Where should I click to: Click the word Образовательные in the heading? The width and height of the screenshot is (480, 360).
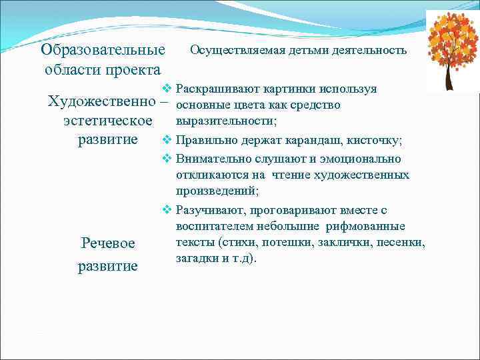(103, 50)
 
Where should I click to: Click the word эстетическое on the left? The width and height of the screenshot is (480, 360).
(107, 121)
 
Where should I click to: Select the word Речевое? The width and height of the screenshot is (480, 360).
(108, 243)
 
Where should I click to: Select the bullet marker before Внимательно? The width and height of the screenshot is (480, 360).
(167, 159)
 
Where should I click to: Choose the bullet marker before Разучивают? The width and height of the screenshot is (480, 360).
(167, 211)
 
